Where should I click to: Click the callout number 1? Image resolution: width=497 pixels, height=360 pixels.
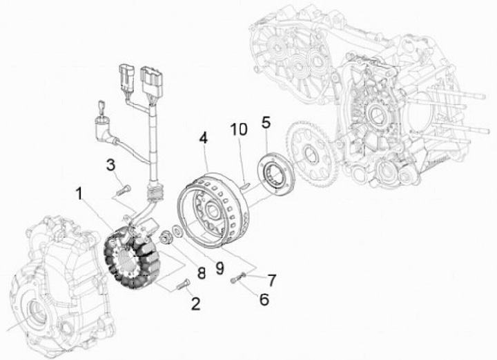(82, 194)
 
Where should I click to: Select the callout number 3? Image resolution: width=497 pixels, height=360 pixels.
(110, 164)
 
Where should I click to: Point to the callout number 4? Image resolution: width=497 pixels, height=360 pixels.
(204, 137)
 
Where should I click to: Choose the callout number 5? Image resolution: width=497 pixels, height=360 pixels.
(266, 123)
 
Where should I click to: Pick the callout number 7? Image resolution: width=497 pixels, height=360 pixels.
(271, 280)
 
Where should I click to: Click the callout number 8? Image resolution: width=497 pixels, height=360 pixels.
(202, 272)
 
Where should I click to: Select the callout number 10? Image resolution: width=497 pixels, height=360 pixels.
(238, 129)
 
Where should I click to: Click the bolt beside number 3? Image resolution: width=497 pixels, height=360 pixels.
(123, 186)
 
